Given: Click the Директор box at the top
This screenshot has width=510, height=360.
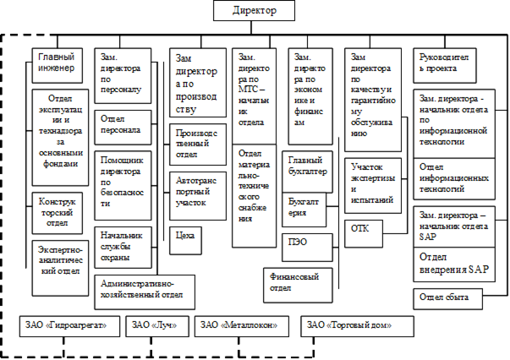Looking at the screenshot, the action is (x=254, y=11).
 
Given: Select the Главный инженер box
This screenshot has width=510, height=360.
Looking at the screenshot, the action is (x=58, y=66).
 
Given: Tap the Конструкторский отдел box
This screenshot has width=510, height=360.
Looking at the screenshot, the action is (x=58, y=213).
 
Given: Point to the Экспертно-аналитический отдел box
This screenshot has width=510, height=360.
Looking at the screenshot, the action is (x=60, y=268).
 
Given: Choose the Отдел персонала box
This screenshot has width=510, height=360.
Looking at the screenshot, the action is (x=123, y=128).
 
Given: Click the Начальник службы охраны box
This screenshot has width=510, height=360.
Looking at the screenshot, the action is (x=123, y=248).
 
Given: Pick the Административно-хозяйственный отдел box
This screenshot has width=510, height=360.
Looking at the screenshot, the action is (x=145, y=292).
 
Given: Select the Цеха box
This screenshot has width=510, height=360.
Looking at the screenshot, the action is (x=185, y=241).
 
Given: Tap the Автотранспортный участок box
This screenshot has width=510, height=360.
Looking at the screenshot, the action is (x=198, y=196).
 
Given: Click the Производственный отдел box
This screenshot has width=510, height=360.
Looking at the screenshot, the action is (x=198, y=145).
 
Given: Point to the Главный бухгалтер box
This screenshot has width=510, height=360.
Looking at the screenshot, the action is (x=307, y=172).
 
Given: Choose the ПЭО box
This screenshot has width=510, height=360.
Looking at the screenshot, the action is (x=307, y=248).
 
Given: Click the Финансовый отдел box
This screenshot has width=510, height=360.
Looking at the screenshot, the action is (x=298, y=286).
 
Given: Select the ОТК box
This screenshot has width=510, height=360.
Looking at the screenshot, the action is (x=364, y=233).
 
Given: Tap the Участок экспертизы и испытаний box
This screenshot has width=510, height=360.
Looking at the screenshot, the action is (x=373, y=186).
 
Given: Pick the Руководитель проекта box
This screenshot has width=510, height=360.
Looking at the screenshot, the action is (x=445, y=66).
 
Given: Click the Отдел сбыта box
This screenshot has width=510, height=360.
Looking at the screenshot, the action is (x=448, y=299).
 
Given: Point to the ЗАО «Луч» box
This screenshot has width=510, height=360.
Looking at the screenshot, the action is (x=157, y=326).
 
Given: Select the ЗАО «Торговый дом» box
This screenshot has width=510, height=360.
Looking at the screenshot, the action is (x=358, y=326).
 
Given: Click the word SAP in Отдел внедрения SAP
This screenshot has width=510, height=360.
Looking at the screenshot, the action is (x=479, y=270).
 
